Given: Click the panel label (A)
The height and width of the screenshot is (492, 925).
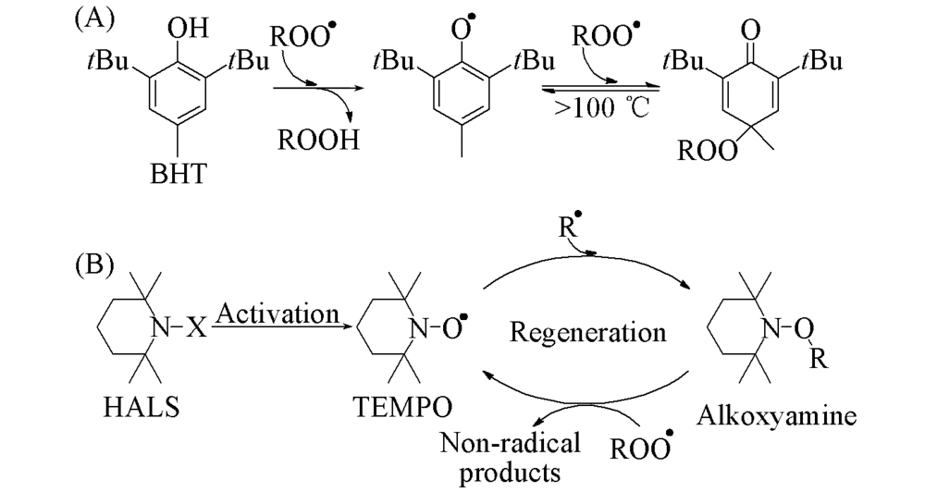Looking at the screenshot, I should click(93, 20).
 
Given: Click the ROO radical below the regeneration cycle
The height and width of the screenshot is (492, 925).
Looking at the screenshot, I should click(638, 449).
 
